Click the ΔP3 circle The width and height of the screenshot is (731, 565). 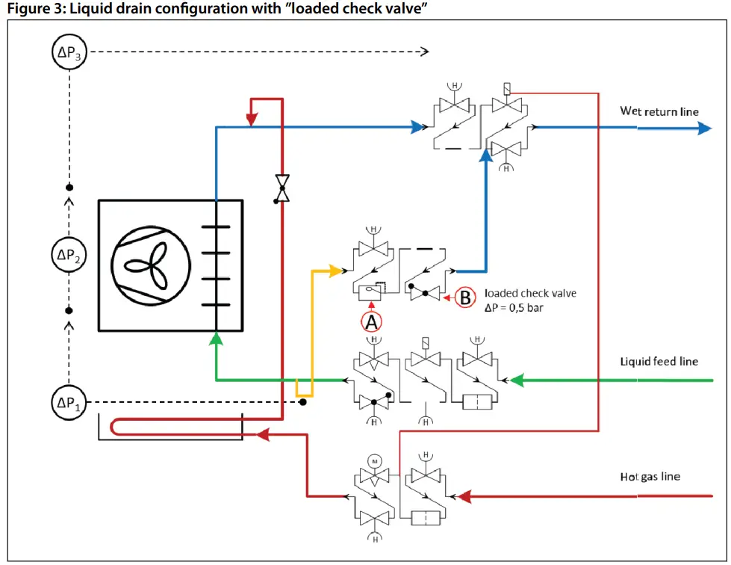68,52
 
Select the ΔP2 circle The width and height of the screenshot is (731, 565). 68,256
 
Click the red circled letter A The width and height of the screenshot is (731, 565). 371,322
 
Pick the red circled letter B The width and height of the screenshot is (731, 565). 464,297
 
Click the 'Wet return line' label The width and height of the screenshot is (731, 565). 659,111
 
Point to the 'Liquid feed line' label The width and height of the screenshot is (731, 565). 659,362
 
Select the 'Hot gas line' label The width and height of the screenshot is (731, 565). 650,476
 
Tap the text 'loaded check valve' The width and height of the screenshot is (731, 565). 530,293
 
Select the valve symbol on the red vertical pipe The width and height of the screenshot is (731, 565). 281,188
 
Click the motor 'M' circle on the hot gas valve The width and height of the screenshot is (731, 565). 373,462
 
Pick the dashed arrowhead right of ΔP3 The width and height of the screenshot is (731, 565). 424,52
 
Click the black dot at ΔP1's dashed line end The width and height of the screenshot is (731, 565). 302,402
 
